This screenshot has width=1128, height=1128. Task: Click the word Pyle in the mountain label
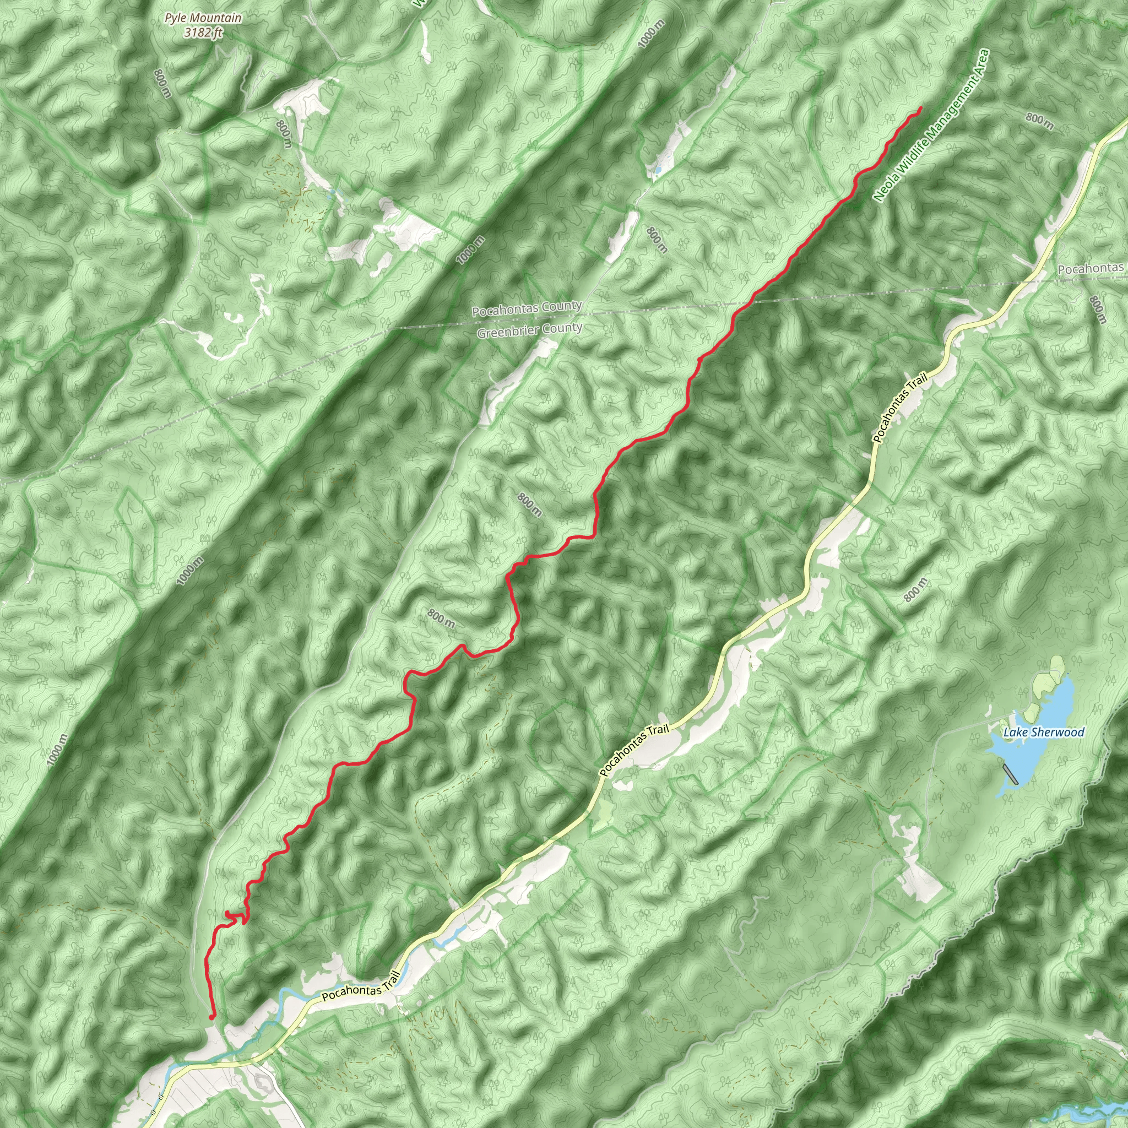[176, 19]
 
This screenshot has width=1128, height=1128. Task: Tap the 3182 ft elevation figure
[203, 32]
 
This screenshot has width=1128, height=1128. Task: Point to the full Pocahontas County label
[527, 308]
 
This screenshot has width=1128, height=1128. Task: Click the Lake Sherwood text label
[1044, 732]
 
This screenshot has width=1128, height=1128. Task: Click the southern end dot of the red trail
[212, 1017]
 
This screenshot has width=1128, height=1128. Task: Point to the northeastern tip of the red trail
[921, 108]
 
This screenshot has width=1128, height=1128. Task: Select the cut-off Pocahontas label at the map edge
[1091, 269]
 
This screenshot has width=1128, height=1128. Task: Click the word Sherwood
[1057, 732]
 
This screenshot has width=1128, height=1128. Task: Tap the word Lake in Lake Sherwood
[1015, 733]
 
